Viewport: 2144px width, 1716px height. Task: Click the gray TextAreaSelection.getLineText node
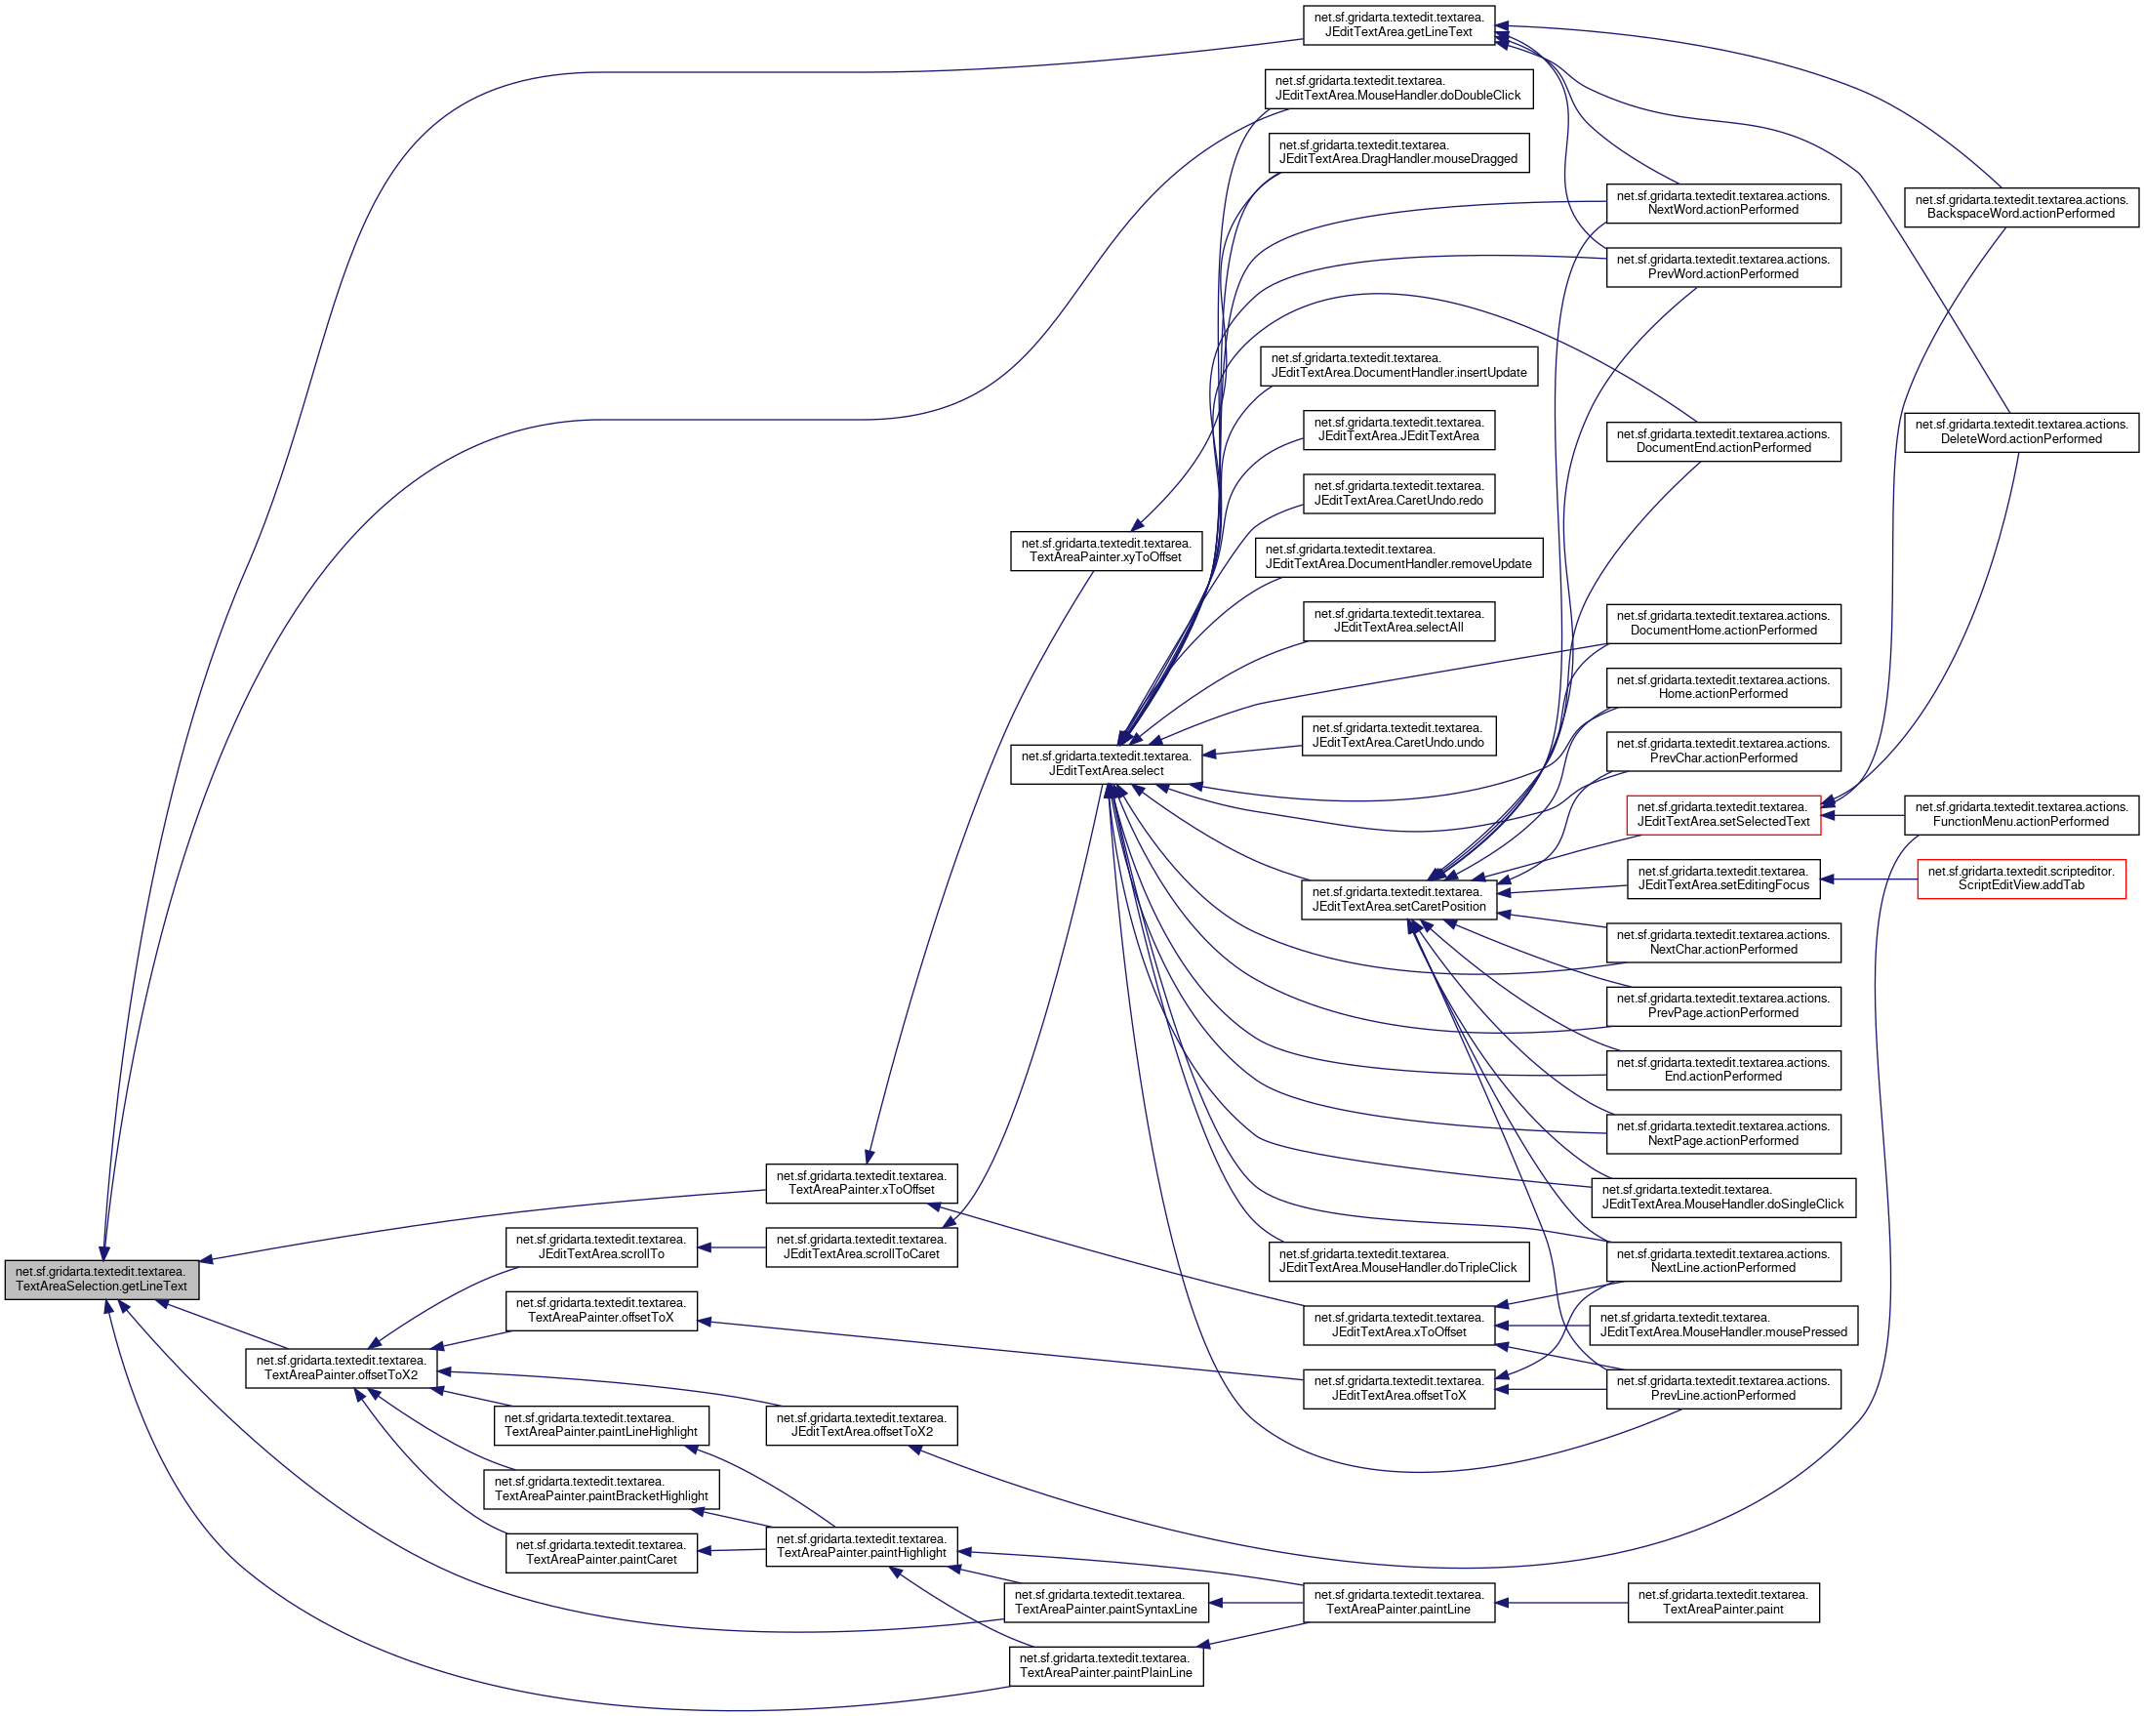pyautogui.click(x=101, y=1279)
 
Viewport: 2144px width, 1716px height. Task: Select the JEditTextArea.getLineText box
pyautogui.click(x=1398, y=24)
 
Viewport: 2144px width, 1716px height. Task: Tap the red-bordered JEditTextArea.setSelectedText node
pyautogui.click(x=1722, y=815)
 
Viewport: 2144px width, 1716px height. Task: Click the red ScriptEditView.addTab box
pyautogui.click(x=2021, y=878)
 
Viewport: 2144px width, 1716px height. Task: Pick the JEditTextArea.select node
pyautogui.click(x=1106, y=764)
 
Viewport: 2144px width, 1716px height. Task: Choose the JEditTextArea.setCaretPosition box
pyautogui.click(x=1398, y=899)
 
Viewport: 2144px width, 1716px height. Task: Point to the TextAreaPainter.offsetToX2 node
pyautogui.click(x=342, y=1368)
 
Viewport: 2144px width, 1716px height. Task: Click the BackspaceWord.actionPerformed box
pyautogui.click(x=2021, y=207)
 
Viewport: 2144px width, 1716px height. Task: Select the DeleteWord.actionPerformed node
pyautogui.click(x=2021, y=431)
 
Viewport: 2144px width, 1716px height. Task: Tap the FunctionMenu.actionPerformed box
pyautogui.click(x=2021, y=815)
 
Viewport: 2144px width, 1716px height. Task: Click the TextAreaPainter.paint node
pyautogui.click(x=1722, y=1603)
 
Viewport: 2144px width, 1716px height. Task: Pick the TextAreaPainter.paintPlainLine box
pyautogui.click(x=1106, y=1666)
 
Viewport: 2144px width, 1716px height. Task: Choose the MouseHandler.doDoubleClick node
pyautogui.click(x=1398, y=89)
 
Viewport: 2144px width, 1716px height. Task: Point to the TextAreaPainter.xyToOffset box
pyautogui.click(x=1106, y=551)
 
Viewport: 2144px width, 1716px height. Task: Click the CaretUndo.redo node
pyautogui.click(x=1398, y=493)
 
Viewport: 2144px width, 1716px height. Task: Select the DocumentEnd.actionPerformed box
pyautogui.click(x=1722, y=440)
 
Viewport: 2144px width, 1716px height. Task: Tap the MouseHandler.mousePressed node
pyautogui.click(x=1722, y=1325)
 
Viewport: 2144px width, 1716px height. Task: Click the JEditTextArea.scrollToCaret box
pyautogui.click(x=861, y=1246)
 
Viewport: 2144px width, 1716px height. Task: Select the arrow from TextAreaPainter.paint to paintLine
pyautogui.click(x=1561, y=1603)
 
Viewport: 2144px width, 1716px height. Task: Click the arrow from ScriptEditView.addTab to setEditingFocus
pyautogui.click(x=1869, y=879)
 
